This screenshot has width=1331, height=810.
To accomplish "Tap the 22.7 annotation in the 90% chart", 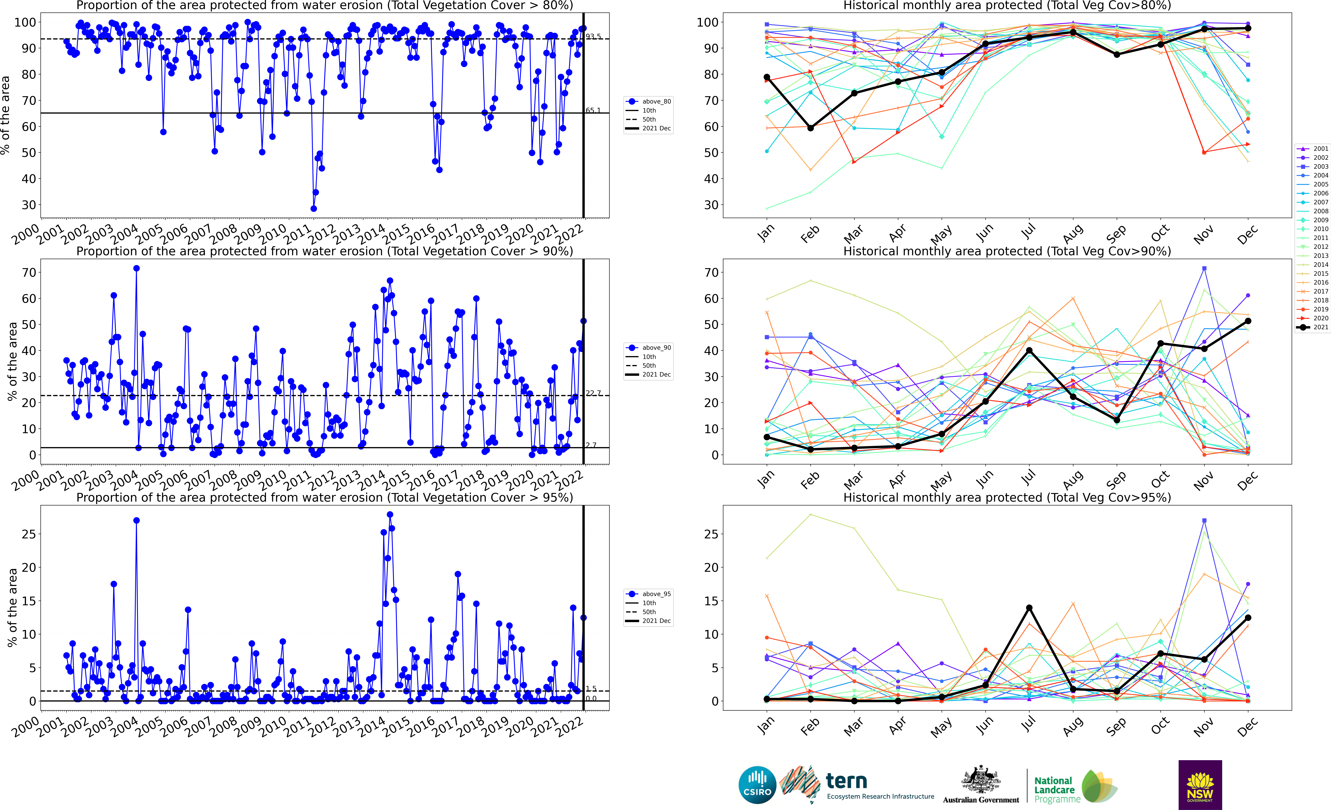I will [593, 393].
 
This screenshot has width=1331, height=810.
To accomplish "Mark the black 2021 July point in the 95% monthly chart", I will [1029, 608].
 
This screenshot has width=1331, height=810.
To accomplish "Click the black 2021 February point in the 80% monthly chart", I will [810, 128].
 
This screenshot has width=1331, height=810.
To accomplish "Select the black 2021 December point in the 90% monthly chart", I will [1248, 321].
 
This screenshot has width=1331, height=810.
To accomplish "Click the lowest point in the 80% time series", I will [313, 208].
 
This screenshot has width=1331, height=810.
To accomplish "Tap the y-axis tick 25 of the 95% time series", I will [29, 534].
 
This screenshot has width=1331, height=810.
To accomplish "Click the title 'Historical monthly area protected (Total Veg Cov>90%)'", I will [1007, 251].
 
